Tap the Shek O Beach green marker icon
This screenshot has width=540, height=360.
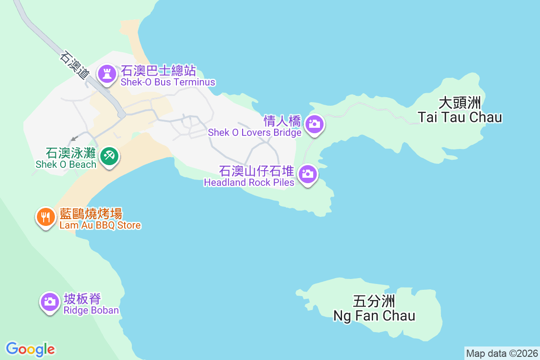pyautogui.click(x=109, y=156)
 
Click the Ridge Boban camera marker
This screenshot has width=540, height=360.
pyautogui.click(x=50, y=301)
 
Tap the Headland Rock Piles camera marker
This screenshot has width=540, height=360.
pyautogui.click(x=308, y=174)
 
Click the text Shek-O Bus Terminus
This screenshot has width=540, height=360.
pyautogui.click(x=167, y=82)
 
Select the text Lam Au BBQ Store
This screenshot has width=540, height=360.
pyautogui.click(x=100, y=225)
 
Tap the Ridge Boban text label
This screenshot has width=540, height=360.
pyautogui.click(x=91, y=310)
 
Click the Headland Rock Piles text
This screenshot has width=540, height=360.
pyautogui.click(x=249, y=182)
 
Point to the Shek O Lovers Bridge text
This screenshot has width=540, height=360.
pyautogui.click(x=254, y=132)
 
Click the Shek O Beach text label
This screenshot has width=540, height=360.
pyautogui.click(x=66, y=164)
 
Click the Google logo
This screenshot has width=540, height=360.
pyautogui.click(x=30, y=349)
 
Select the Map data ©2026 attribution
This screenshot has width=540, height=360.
pyautogui.click(x=501, y=353)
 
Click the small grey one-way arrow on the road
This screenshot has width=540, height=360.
pyautogui.click(x=73, y=138)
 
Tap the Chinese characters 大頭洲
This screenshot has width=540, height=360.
pyautogui.click(x=459, y=103)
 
